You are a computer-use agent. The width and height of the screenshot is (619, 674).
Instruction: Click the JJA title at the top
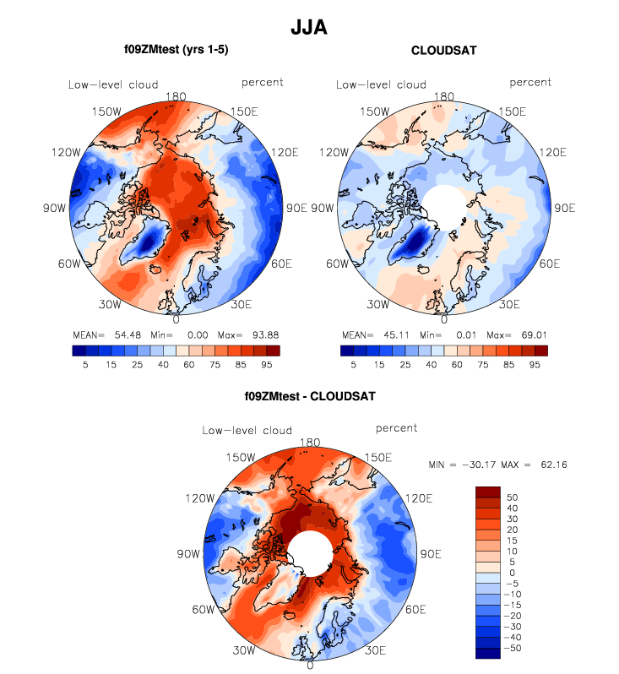click(309, 26)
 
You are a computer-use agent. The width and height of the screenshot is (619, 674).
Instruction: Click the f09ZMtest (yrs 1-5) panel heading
click(176, 51)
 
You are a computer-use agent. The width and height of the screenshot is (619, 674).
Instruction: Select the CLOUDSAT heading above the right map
click(444, 51)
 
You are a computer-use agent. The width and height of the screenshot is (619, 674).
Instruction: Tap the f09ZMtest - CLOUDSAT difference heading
click(309, 395)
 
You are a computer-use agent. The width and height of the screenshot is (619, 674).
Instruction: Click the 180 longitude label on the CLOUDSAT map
click(444, 97)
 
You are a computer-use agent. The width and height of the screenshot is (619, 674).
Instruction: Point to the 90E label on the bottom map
click(431, 554)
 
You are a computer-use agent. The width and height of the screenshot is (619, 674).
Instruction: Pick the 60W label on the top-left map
click(68, 264)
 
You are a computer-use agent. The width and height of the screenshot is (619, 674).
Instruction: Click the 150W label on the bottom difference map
click(226, 458)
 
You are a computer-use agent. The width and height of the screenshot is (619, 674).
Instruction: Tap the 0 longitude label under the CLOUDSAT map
click(443, 319)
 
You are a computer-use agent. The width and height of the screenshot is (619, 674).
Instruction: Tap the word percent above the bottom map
click(397, 429)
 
